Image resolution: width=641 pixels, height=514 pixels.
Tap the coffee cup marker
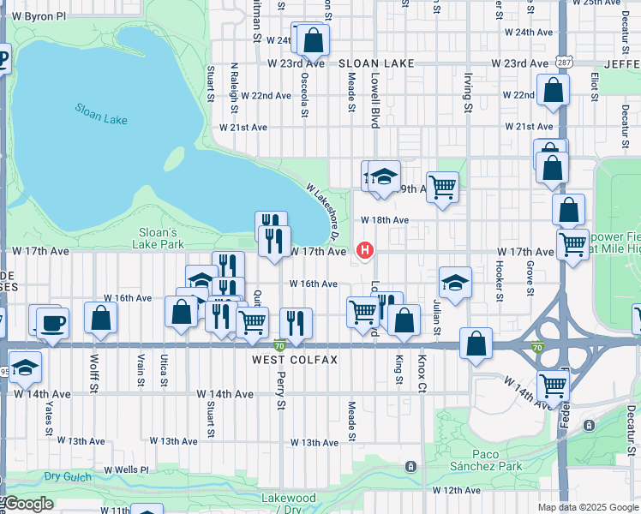(52, 323)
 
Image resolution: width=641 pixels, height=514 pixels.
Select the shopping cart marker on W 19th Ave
(442, 186)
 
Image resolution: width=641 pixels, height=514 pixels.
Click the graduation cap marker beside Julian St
(455, 283)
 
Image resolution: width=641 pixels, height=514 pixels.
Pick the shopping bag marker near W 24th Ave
(314, 39)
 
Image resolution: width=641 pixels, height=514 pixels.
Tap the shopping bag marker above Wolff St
(101, 317)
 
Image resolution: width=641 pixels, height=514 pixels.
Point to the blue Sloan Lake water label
(101, 114)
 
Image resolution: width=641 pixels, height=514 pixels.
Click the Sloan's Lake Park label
(159, 238)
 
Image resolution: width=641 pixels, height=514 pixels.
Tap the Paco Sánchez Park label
(497, 460)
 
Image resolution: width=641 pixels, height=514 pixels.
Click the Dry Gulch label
(68, 475)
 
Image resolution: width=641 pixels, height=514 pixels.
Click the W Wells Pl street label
(126, 470)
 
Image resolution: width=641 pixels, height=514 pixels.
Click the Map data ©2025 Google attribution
(588, 507)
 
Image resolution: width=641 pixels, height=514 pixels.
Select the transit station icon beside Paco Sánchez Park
(410, 467)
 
